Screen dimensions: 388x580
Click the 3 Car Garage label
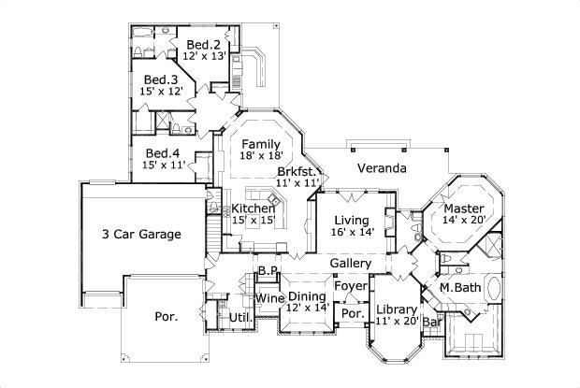pos(141,235)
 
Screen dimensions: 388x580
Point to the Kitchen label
pos(253,208)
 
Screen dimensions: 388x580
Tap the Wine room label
pos(269,298)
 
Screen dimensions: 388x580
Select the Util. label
pos(238,318)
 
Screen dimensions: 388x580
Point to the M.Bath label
pos(460,288)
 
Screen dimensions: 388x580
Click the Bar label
pos(432,323)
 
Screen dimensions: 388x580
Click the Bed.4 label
pos(163,153)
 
